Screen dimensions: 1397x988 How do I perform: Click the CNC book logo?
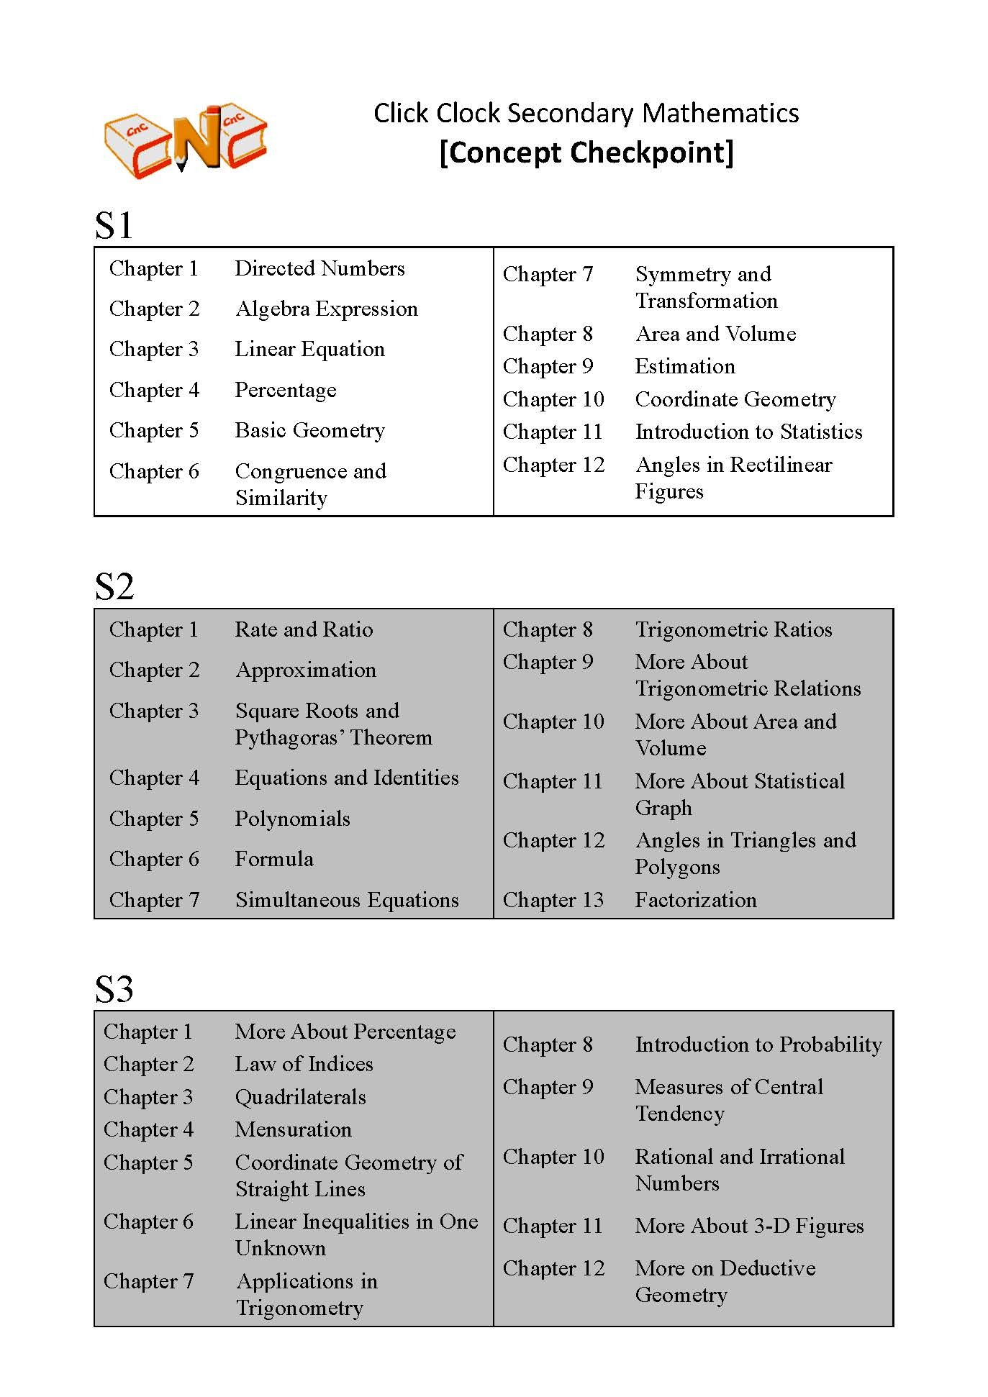(x=186, y=140)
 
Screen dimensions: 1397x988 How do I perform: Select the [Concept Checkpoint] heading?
(x=586, y=153)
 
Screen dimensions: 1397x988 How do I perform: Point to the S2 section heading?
(x=114, y=586)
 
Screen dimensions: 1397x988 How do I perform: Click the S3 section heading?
(x=114, y=989)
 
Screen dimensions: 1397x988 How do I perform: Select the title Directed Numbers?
(x=319, y=268)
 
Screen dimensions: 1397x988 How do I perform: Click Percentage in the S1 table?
(x=286, y=390)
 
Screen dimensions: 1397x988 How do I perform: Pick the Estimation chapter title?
(x=685, y=366)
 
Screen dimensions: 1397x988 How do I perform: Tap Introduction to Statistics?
(x=748, y=432)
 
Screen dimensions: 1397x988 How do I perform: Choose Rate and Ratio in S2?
(x=304, y=629)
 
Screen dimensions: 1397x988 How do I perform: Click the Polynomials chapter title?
(x=292, y=819)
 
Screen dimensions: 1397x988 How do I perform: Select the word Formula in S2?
(x=274, y=859)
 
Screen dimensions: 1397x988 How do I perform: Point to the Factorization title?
(x=696, y=900)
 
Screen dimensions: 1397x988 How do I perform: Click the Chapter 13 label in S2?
(x=553, y=900)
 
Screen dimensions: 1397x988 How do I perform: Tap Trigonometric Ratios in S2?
(x=733, y=629)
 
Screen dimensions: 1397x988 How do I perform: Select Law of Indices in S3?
(x=304, y=1064)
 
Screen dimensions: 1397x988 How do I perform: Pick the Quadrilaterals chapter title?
(x=300, y=1097)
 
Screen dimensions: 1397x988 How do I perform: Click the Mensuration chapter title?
(x=293, y=1129)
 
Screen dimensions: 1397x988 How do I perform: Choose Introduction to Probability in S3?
(x=758, y=1045)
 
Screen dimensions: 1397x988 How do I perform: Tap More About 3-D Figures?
(x=749, y=1226)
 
